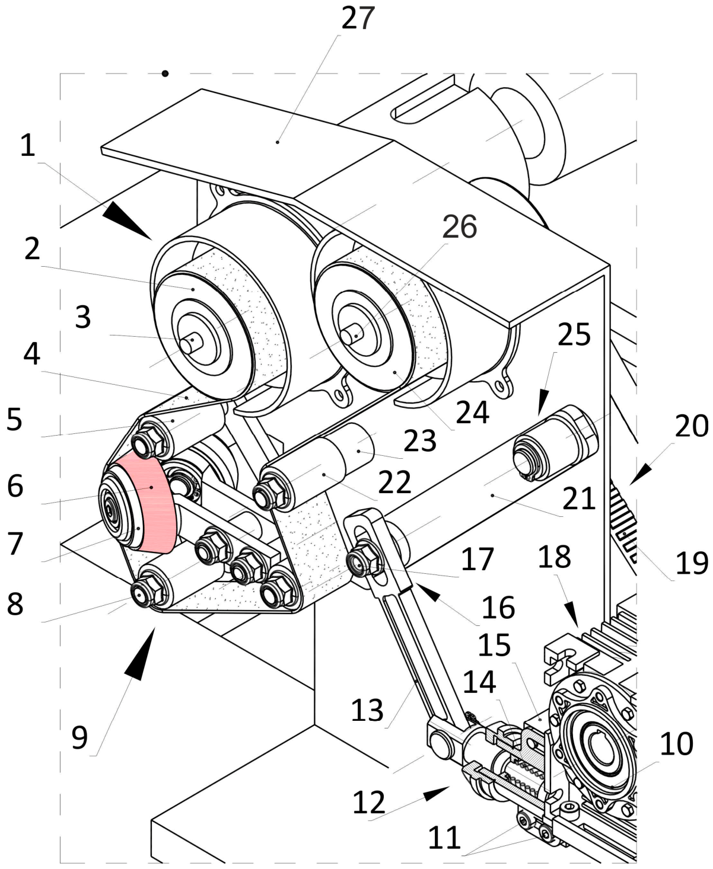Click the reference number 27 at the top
tap(358, 19)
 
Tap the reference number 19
tap(692, 564)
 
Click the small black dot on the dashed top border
tap(165, 74)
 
